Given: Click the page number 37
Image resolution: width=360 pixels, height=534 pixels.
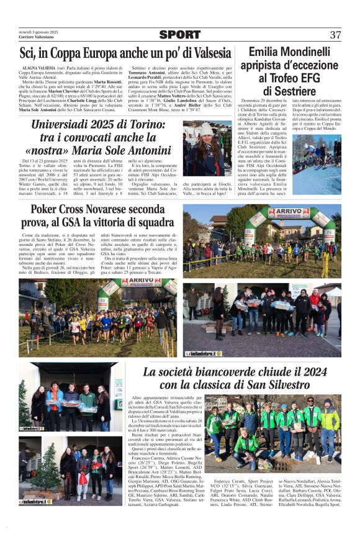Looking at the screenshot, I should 335,35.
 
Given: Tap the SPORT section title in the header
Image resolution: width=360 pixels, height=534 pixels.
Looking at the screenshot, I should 180,35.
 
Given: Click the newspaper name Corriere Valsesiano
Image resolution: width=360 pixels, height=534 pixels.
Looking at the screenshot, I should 37,38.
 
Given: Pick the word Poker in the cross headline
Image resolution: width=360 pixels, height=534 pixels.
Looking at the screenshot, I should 48,210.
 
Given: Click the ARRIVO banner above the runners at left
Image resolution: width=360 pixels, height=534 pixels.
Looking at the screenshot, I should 142,281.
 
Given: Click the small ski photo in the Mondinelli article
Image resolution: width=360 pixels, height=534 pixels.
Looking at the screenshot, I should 317,155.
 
